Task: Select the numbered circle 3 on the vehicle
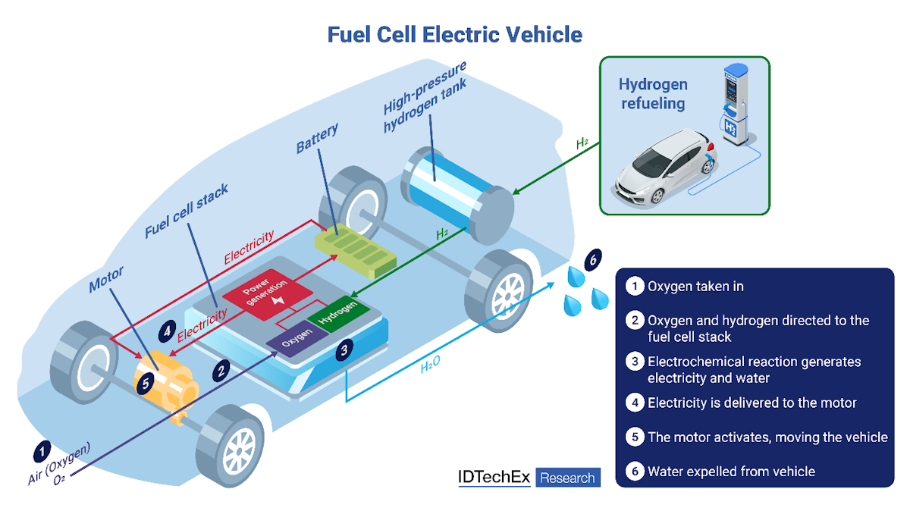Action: click(345, 350)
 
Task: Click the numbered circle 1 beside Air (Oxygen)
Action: click(40, 452)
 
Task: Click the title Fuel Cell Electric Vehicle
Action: click(454, 34)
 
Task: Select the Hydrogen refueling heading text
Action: click(653, 93)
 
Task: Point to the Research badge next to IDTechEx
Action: click(568, 478)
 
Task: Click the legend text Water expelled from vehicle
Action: click(730, 472)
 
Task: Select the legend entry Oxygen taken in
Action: click(695, 287)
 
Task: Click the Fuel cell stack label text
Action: click(186, 212)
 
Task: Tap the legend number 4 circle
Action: click(634, 403)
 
